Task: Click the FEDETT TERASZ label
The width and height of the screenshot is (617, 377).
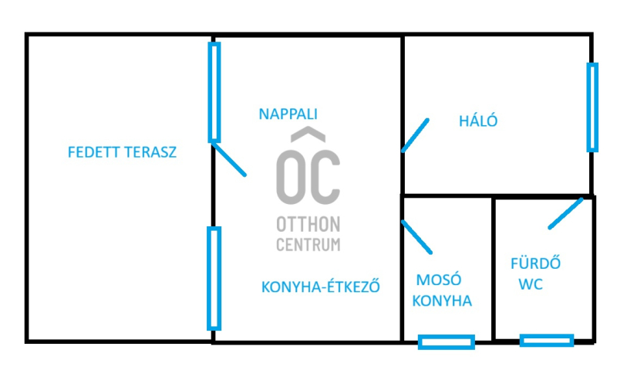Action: pos(122,152)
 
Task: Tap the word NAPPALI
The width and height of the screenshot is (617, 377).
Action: pos(288,114)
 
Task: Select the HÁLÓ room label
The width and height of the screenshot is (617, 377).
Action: pos(478,121)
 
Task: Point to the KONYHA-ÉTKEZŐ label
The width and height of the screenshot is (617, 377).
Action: pos(322,286)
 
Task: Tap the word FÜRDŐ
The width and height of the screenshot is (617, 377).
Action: pos(535,263)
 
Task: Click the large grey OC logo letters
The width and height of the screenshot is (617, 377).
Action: pos(308,177)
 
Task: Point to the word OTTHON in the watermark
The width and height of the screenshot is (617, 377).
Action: pos(308,225)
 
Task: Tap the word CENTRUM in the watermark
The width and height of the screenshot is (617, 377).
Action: pos(308,245)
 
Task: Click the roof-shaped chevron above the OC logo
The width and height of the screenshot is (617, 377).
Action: pos(308,136)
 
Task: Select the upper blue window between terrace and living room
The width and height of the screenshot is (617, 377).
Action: pos(214,92)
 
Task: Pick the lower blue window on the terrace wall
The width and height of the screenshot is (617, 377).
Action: pos(214,278)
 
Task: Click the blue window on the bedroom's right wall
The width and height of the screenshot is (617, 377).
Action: pos(592,107)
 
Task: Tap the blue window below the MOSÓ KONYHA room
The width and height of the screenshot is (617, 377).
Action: pos(446,341)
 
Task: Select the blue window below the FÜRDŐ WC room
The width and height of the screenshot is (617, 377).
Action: pos(546,340)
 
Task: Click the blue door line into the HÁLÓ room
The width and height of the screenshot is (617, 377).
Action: pos(415,135)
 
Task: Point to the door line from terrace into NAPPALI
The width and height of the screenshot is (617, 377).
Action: pos(229,158)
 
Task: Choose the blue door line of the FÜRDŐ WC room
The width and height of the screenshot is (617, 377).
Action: pos(565,213)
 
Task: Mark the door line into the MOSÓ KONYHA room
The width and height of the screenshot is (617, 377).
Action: pos(417,238)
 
